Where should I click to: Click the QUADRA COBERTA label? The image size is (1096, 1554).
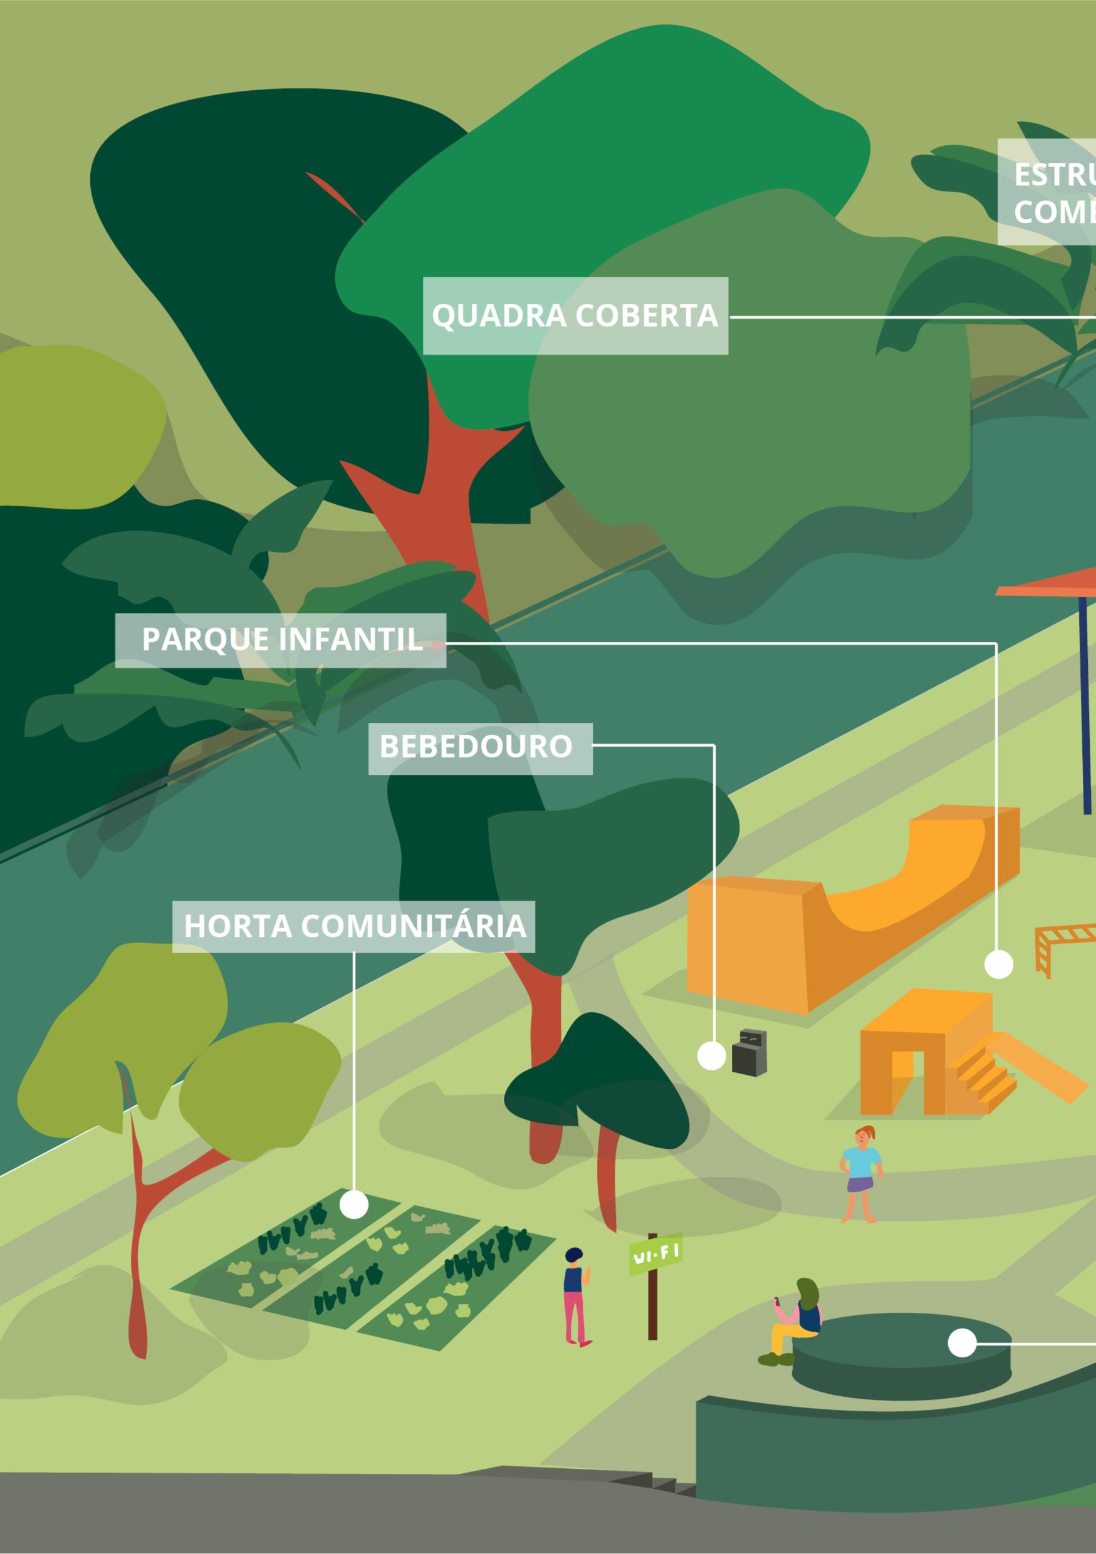575,316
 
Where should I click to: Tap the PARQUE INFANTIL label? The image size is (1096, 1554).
280,640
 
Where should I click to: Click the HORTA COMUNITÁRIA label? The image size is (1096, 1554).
353,926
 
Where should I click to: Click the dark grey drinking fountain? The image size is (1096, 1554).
750,1053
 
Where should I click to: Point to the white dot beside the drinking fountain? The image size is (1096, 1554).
711,1056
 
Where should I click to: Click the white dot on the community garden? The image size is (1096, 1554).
353,1204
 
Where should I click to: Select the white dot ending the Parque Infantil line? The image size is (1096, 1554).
998,965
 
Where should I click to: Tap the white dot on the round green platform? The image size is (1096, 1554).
962,1343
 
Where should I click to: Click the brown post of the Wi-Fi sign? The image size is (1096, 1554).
652,1303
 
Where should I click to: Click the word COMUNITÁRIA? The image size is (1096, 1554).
413,926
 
